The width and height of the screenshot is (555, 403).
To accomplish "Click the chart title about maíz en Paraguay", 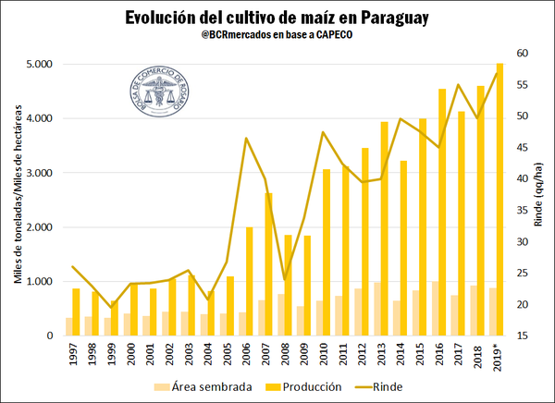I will tap(277, 17).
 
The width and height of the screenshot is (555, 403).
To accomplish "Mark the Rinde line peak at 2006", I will tap(246, 139).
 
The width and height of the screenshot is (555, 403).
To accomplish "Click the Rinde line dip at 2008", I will tap(285, 279).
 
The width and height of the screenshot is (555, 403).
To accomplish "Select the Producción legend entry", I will tap(302, 386).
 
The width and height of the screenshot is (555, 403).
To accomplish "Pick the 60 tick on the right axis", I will tap(521, 54).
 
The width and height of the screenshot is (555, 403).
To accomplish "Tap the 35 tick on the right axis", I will tap(521, 211).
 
